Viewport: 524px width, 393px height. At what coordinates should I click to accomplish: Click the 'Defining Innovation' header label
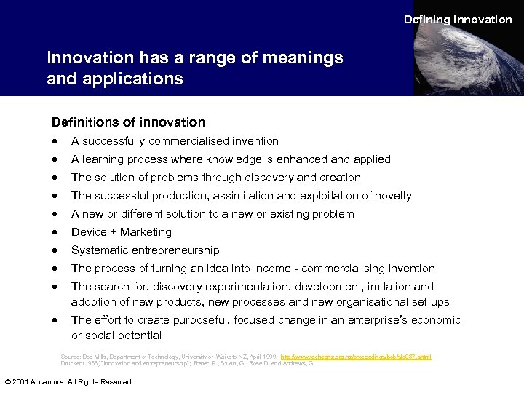tap(458, 20)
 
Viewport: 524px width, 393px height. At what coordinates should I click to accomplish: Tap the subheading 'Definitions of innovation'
tap(128, 122)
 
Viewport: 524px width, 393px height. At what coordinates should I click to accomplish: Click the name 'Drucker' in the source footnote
tap(71, 363)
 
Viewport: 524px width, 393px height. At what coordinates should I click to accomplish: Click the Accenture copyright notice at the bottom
tap(68, 381)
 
